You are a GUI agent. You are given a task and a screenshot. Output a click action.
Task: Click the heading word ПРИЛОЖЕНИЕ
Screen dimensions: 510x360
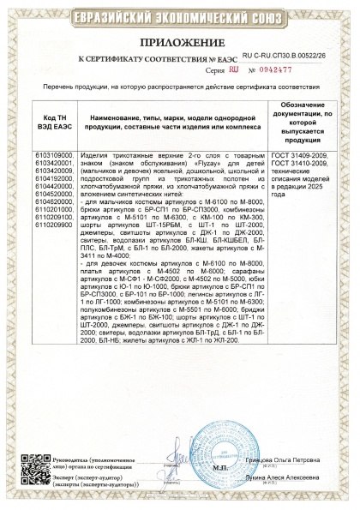tap(180, 40)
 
